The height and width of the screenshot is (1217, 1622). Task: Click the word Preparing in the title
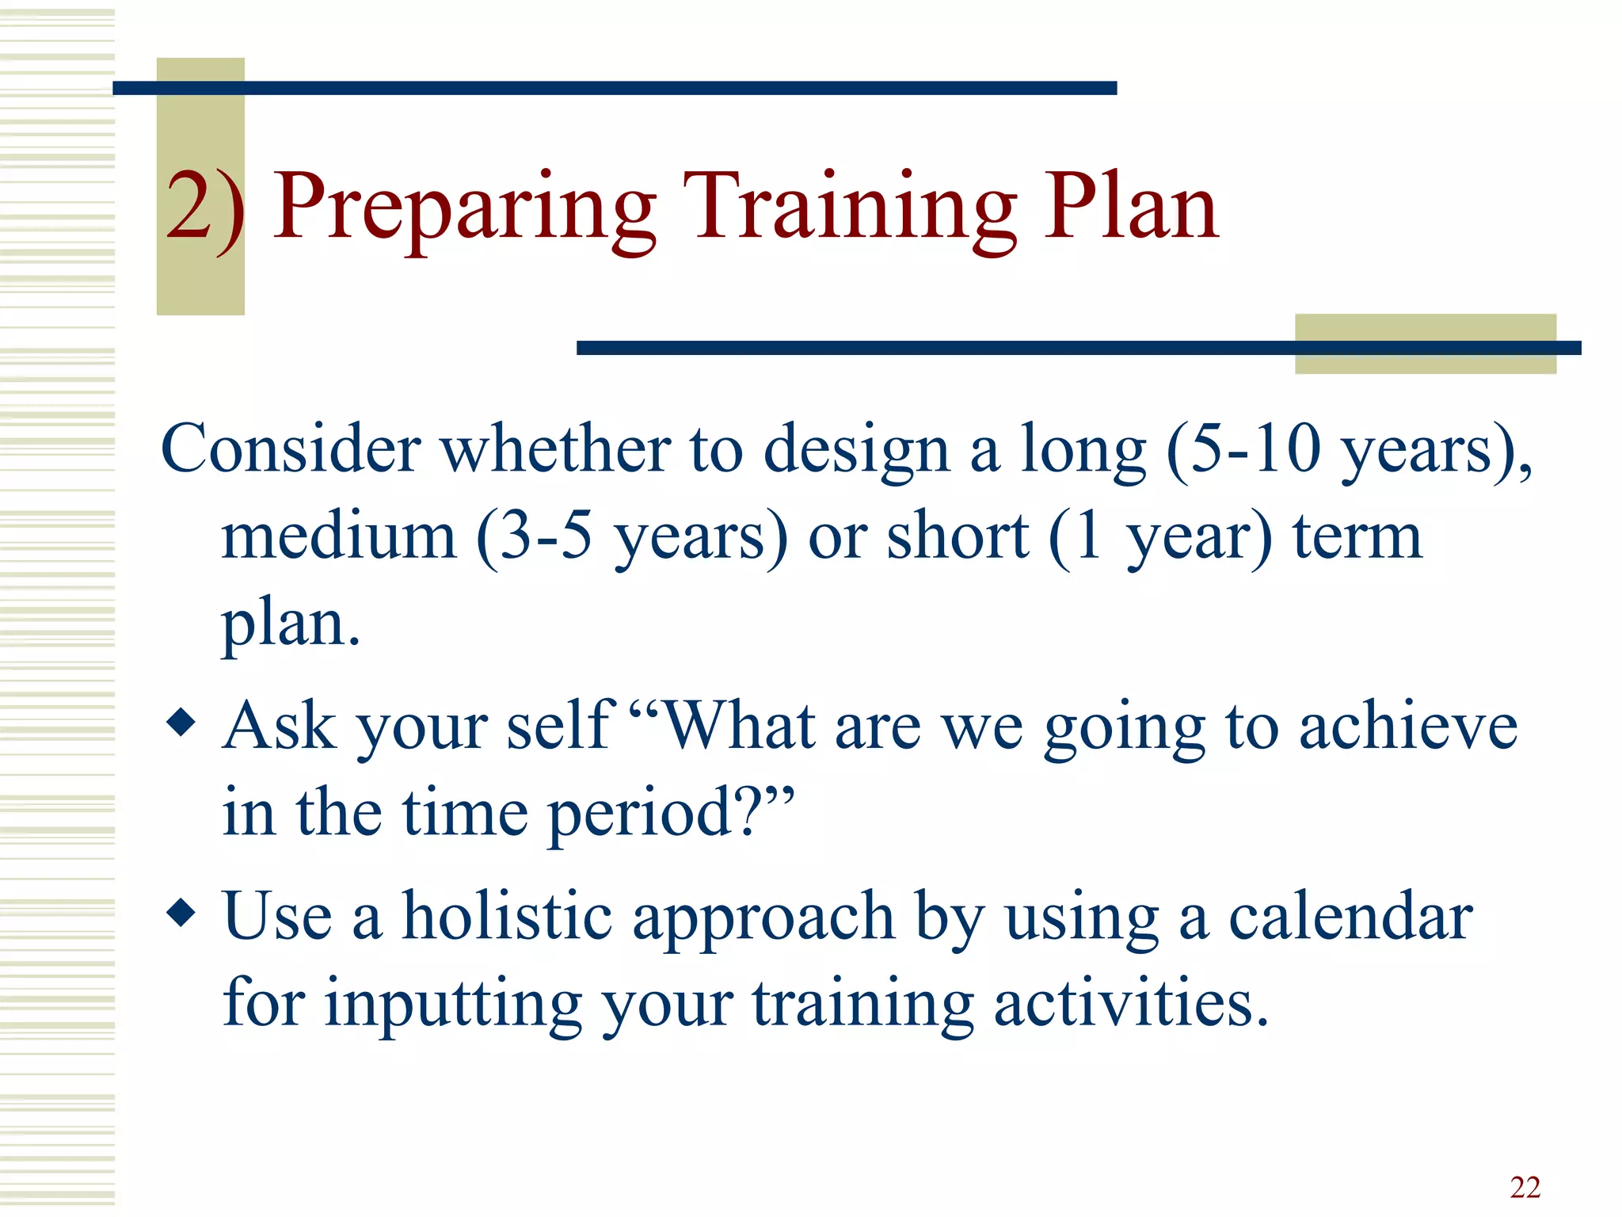click(464, 208)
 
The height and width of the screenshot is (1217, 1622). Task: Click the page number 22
click(1525, 1187)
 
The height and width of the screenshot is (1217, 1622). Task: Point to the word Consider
click(290, 448)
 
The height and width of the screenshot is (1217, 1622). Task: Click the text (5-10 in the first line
click(1243, 448)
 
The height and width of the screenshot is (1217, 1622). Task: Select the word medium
click(339, 537)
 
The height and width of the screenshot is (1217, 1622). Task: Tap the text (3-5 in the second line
click(534, 537)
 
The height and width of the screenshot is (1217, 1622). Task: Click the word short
click(957, 537)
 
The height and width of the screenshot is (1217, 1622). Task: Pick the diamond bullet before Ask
click(181, 722)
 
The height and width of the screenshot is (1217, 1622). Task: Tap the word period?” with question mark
click(670, 814)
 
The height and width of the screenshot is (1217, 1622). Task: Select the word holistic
click(507, 916)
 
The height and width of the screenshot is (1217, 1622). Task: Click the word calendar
click(1350, 916)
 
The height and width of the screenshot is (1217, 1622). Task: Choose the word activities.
click(1131, 1003)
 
